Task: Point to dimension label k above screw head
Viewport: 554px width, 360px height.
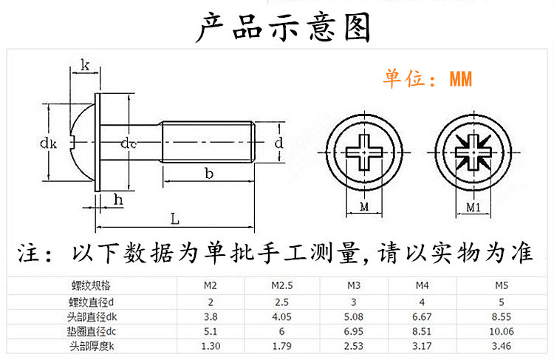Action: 85,67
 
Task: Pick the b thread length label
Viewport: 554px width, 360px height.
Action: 209,174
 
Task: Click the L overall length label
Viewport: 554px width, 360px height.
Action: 174,219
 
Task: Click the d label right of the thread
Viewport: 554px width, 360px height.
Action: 278,143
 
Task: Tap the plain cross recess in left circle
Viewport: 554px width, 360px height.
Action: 364,151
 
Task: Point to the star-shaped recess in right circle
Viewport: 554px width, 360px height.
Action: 473,151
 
